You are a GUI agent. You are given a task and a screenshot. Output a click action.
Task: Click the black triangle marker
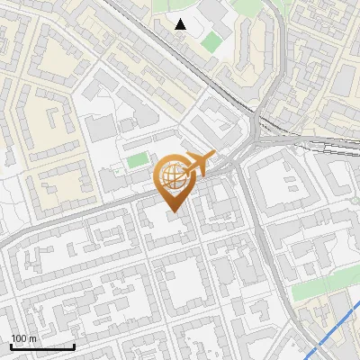(x=181, y=24)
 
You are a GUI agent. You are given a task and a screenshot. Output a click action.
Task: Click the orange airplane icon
(x=197, y=165)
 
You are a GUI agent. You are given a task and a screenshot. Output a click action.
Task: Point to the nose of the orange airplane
(x=213, y=156)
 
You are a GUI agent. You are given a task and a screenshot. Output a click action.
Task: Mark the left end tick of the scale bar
(x=11, y=344)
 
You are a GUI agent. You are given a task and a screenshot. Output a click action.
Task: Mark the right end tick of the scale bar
(x=74, y=344)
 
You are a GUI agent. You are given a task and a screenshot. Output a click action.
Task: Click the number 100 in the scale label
(x=19, y=337)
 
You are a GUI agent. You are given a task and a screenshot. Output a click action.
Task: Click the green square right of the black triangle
(x=211, y=41)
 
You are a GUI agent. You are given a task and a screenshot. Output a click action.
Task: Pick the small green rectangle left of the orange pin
(x=137, y=161)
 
